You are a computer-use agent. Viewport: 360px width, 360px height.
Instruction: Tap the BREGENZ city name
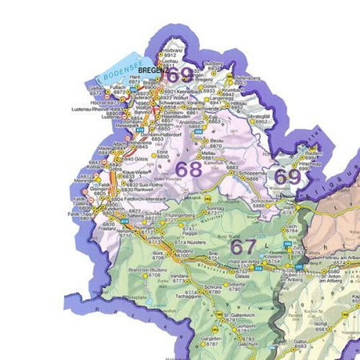tap(151, 70)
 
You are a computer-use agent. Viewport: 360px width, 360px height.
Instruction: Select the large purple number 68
tap(189, 169)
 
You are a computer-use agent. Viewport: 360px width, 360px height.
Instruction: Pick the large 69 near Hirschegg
tap(286, 177)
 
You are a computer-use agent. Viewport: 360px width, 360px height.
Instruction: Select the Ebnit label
tap(163, 151)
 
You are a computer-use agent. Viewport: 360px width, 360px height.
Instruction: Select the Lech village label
tap(291, 226)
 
